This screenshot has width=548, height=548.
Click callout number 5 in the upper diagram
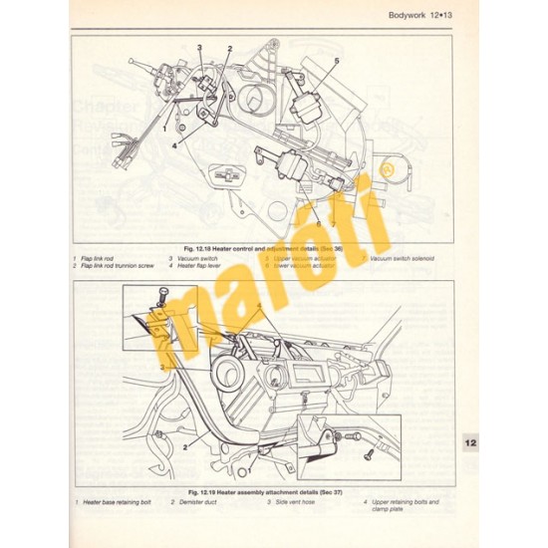[x=336, y=62]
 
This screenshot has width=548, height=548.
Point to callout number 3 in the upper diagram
[x=199, y=48]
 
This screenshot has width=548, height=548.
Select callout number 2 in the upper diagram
[x=229, y=48]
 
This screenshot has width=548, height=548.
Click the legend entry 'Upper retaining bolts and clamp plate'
[x=410, y=506]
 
